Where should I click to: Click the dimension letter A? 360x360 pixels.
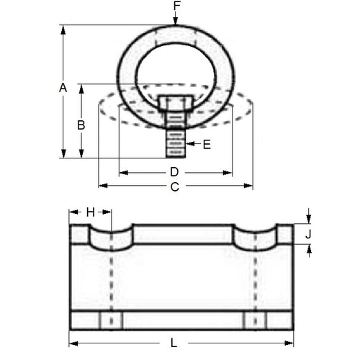(x=63, y=88)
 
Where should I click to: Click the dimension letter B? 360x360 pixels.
(x=81, y=125)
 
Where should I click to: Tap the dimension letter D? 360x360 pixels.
(x=174, y=172)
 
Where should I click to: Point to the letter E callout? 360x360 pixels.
(x=207, y=145)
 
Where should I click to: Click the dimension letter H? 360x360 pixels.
(x=90, y=212)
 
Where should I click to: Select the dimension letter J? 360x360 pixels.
(x=308, y=233)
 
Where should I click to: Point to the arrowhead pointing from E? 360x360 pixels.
(x=189, y=145)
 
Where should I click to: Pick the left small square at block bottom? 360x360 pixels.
(x=111, y=320)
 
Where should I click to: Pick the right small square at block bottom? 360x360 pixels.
(x=255, y=320)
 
